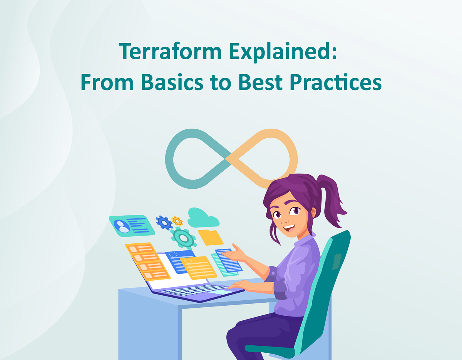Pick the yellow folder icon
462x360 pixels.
tap(210, 237)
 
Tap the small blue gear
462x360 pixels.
tap(164, 222)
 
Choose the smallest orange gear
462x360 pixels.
tap(177, 221)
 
